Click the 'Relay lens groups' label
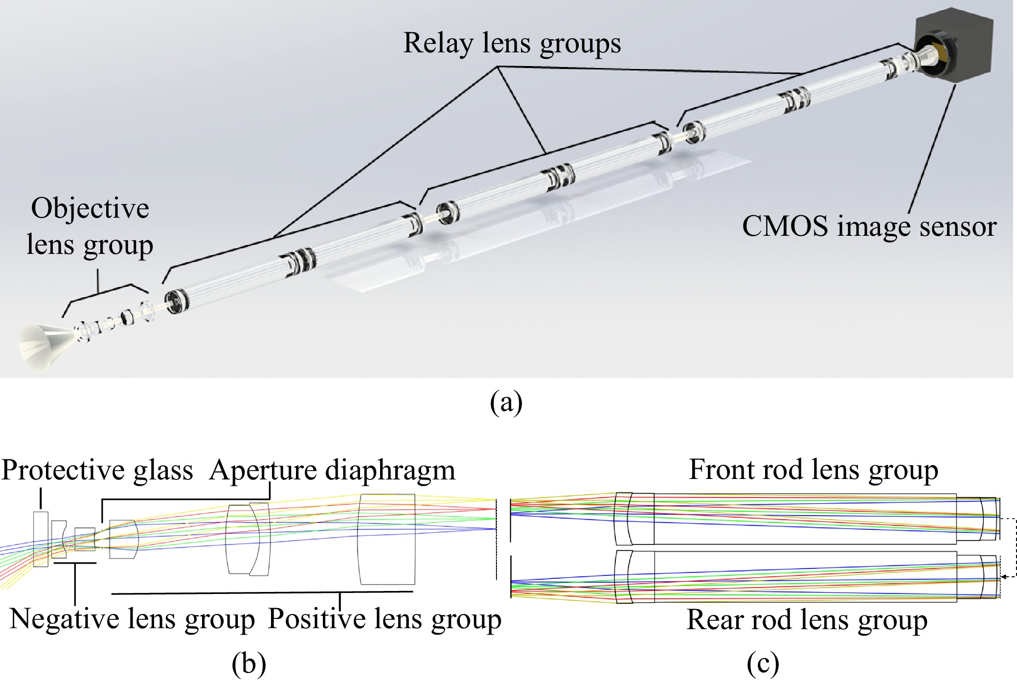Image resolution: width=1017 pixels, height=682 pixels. [x=512, y=43]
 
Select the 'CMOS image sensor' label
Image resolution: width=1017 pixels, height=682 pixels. [x=869, y=226]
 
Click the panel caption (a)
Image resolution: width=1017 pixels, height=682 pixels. [x=506, y=402]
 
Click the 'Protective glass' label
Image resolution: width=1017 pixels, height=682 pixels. [x=97, y=470]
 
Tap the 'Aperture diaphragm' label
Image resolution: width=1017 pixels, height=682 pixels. [x=332, y=470]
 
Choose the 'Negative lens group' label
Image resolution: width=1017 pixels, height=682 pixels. [x=132, y=619]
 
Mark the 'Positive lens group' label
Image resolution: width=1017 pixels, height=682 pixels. [x=384, y=619]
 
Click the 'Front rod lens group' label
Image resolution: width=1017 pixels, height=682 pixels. [x=813, y=469]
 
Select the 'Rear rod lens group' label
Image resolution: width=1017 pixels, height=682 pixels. [x=807, y=619]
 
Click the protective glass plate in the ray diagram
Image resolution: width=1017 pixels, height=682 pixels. [x=41, y=539]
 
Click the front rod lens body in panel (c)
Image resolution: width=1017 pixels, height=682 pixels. [x=805, y=518]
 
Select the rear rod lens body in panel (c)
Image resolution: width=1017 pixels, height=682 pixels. [x=805, y=576]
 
